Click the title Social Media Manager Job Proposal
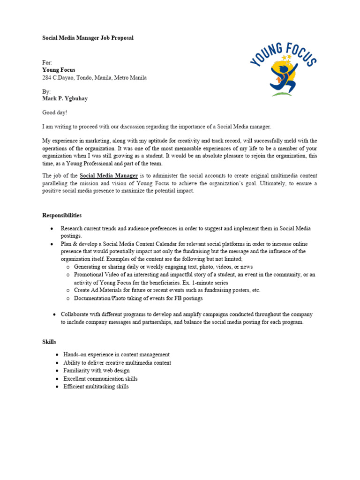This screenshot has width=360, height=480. point(88,38)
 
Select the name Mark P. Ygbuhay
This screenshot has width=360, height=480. point(65,99)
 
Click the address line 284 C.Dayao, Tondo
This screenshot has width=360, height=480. point(94,78)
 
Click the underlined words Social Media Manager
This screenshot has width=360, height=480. point(109,176)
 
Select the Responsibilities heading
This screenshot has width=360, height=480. point(62,216)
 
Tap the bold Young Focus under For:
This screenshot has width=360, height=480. point(59,70)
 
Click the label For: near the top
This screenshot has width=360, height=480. point(47,62)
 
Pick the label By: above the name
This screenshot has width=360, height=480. point(47,91)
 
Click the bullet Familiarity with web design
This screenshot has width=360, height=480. point(97,371)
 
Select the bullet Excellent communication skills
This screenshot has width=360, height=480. point(100,379)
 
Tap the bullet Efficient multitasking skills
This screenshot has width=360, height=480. point(96,387)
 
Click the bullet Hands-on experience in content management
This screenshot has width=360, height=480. point(116,355)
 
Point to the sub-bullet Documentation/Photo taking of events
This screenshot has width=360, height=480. point(138,298)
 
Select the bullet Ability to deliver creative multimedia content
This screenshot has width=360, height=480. point(117,363)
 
